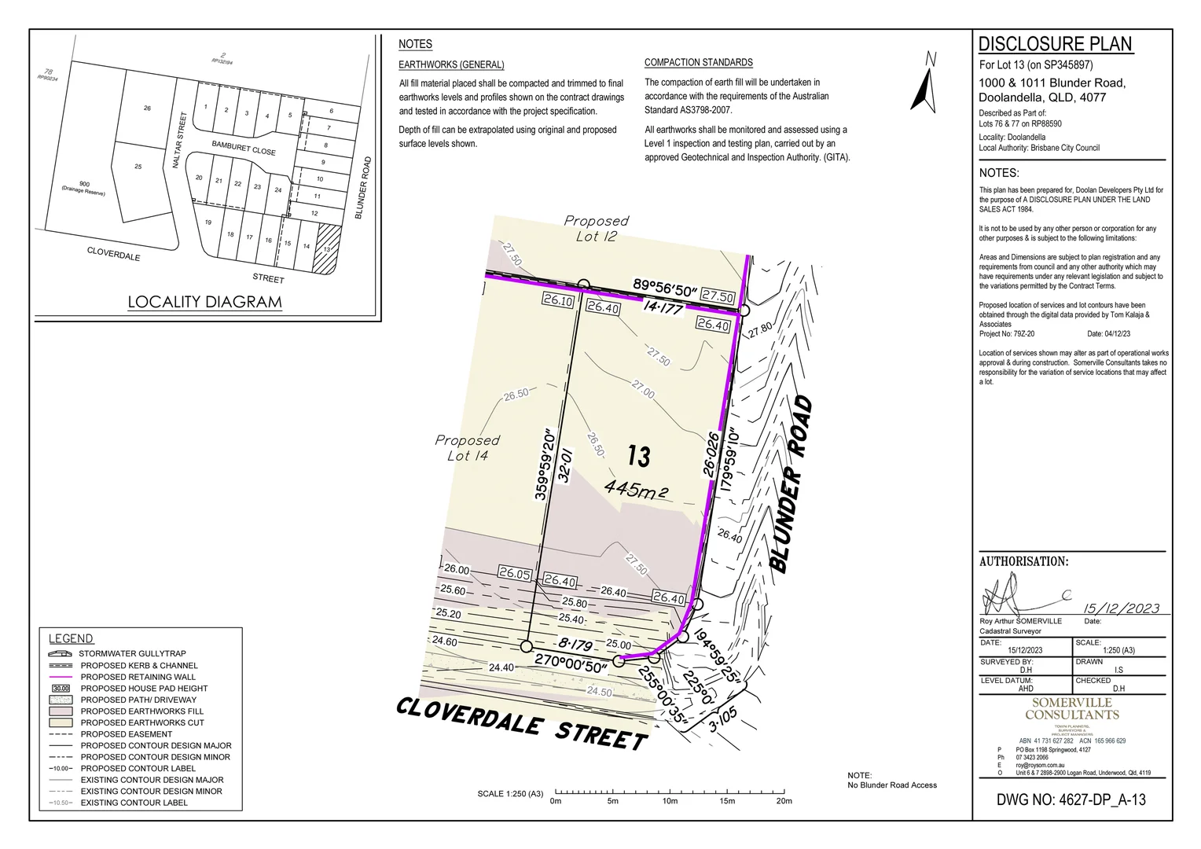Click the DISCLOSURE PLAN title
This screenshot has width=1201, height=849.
pyautogui.click(x=1055, y=44)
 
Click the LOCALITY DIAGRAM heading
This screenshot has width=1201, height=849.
pyautogui.click(x=204, y=302)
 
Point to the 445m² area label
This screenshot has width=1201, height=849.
pyautogui.click(x=636, y=489)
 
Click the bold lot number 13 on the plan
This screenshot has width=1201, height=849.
pyautogui.click(x=638, y=455)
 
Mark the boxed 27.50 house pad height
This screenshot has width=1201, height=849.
pyautogui.click(x=717, y=296)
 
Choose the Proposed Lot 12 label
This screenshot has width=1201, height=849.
pyautogui.click(x=597, y=228)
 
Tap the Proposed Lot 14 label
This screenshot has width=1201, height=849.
pyautogui.click(x=467, y=447)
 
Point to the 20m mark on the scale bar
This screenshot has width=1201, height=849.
pyautogui.click(x=784, y=792)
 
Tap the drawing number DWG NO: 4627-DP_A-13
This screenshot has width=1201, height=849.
pyautogui.click(x=1071, y=799)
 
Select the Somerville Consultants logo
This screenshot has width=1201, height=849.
pyautogui.click(x=1071, y=708)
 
